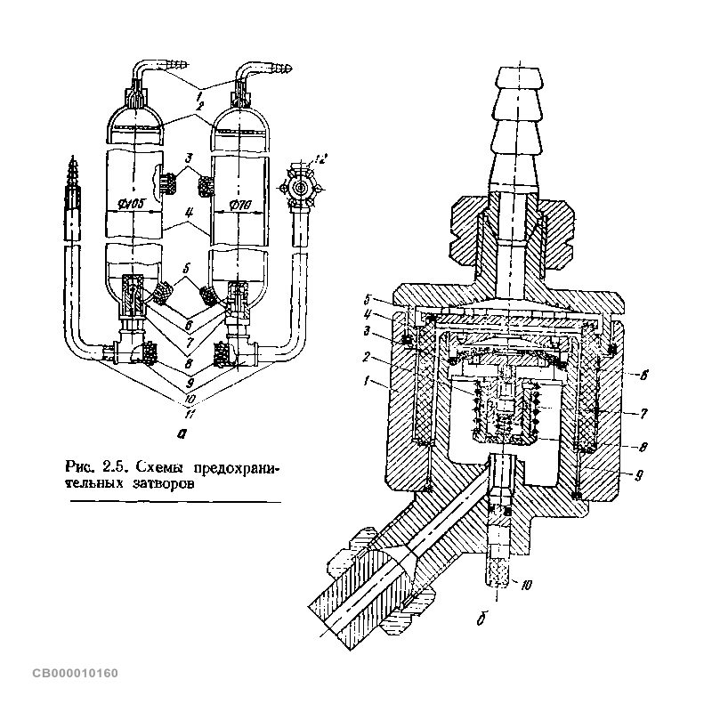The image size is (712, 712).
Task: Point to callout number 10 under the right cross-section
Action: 524,585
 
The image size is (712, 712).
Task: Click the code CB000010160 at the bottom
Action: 75,672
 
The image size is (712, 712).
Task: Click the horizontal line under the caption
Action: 174,502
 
